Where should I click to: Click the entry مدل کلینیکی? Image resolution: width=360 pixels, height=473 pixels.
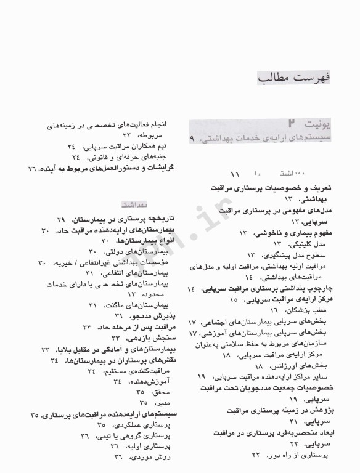[313, 244]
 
